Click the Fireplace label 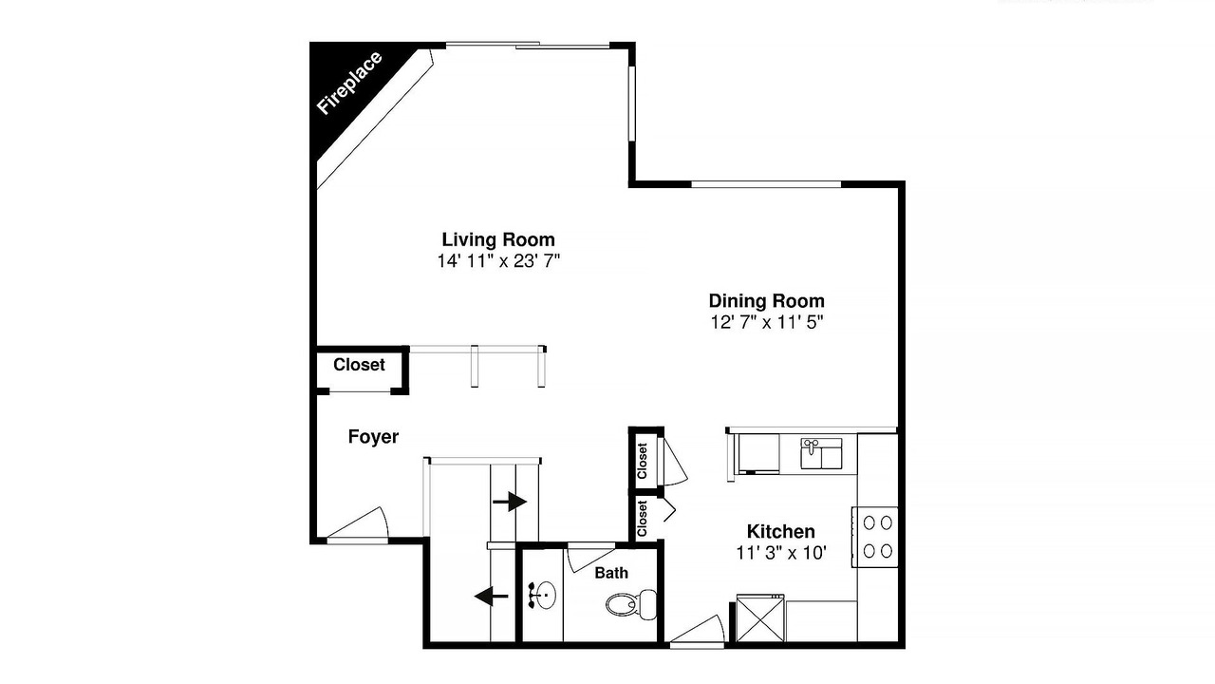pyautogui.click(x=349, y=83)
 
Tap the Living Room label pyautogui.click(x=498, y=239)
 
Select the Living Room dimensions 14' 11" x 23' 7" pyautogui.click(x=498, y=261)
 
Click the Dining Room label pyautogui.click(x=766, y=301)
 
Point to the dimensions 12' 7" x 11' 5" pyautogui.click(x=766, y=322)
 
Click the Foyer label pyautogui.click(x=373, y=436)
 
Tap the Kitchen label pyautogui.click(x=780, y=531)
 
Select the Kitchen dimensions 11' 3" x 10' pyautogui.click(x=780, y=553)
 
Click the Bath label pyautogui.click(x=611, y=573)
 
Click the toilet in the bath pyautogui.click(x=631, y=603)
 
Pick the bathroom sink pyautogui.click(x=542, y=596)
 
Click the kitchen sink pyautogui.click(x=821, y=454)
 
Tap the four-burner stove pyautogui.click(x=874, y=537)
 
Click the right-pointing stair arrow pyautogui.click(x=510, y=501)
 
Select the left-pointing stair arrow pyautogui.click(x=492, y=596)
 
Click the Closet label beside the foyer pyautogui.click(x=359, y=365)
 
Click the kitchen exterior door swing pyautogui.click(x=698, y=630)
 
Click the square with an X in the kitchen pyautogui.click(x=760, y=618)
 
